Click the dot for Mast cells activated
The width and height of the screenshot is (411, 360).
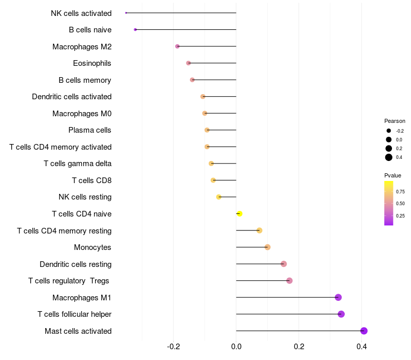[x=364, y=331]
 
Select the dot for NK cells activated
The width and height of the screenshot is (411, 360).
[x=126, y=13]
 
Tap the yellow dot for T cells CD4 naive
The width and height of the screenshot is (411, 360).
[x=239, y=213]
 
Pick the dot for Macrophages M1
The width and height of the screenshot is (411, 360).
[x=338, y=297]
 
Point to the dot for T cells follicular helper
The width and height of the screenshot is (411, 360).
[x=341, y=314]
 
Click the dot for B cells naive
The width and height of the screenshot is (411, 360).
[x=135, y=29]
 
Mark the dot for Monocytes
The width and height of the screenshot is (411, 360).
[x=268, y=247]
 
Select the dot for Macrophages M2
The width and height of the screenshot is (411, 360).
[x=178, y=46]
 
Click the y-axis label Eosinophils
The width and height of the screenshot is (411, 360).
[x=92, y=63]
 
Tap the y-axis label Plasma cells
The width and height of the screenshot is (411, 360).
[x=89, y=130]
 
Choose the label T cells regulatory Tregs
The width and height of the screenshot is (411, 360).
[x=69, y=281]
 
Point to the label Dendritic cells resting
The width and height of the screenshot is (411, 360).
[x=76, y=264]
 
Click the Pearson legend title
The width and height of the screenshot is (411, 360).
[x=395, y=121]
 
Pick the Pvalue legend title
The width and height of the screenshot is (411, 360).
[x=393, y=175]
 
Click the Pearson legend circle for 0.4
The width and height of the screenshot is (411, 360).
[x=389, y=157]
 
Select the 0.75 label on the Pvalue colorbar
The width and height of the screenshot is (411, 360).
[x=400, y=191]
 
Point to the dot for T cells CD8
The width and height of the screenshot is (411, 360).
[x=213, y=180]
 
